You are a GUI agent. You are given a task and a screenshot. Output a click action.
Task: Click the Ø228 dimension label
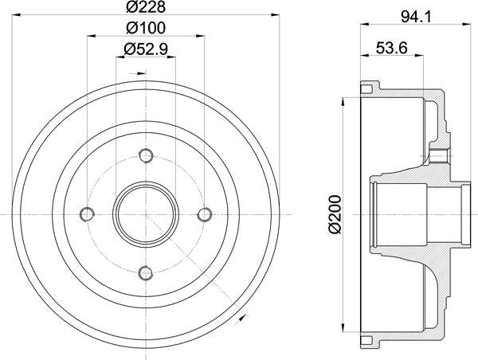(x=145, y=9)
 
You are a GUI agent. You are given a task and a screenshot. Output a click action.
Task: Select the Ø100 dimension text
(x=145, y=29)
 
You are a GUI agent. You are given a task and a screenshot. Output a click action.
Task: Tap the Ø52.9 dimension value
(x=145, y=50)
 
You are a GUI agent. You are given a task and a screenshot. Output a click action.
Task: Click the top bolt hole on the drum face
(x=145, y=154)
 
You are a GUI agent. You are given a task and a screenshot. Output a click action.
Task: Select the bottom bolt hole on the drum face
(x=145, y=273)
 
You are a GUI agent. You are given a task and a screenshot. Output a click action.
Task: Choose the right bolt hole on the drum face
(x=205, y=213)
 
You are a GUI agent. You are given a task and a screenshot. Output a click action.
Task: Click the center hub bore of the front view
(x=145, y=213)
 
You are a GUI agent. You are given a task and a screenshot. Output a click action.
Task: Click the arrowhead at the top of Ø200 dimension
(x=343, y=99)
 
